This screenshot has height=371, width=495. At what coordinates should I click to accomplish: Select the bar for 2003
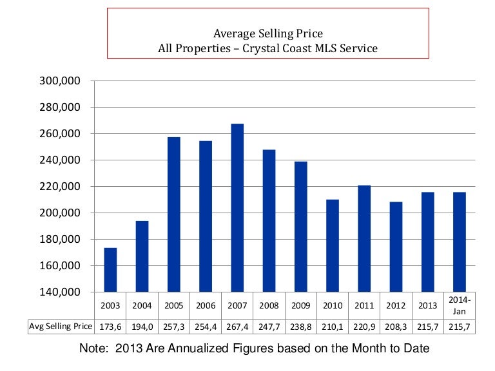pos(110,269)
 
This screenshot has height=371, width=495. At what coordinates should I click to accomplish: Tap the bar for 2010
pos(333,245)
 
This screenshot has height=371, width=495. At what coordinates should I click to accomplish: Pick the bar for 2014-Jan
pos(460,242)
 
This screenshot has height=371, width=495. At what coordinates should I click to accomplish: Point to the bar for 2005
pos(174,214)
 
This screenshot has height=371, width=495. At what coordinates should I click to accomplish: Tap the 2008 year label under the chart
pos(269,305)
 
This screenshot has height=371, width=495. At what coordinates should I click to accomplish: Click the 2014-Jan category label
pos(460,305)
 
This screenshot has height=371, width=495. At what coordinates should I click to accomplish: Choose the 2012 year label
pos(396,305)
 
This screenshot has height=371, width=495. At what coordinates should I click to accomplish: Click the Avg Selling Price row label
pos(61,327)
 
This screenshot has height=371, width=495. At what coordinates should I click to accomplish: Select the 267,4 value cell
pos(237,327)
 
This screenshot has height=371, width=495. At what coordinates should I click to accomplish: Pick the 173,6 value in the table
pos(110,327)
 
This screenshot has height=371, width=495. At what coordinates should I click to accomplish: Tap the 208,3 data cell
pos(396,327)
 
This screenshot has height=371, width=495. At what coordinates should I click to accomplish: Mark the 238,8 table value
pos(300,327)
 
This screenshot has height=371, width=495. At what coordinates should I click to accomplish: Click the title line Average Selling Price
pos(267,33)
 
